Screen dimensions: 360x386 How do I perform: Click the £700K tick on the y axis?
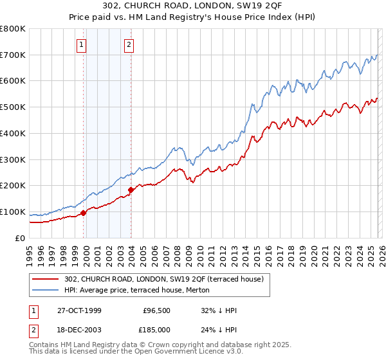click(x=13, y=55)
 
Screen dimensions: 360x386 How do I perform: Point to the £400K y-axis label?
click(x=13, y=134)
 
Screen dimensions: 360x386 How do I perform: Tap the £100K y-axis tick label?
click(x=13, y=212)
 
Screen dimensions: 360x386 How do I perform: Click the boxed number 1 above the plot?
click(x=83, y=44)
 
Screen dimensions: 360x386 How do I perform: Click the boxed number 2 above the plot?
click(x=129, y=44)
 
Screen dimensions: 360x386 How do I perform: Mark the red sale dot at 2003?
click(x=131, y=190)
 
